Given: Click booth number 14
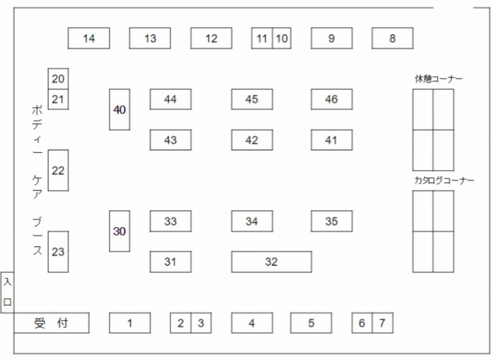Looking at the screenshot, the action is tap(89, 38).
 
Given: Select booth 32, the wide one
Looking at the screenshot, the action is tap(271, 262).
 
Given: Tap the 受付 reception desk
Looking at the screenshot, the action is tap(51, 323).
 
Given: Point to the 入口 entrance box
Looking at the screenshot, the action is tap(7, 292).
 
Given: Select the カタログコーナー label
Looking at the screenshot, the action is tap(444, 181).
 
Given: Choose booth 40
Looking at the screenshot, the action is tap(119, 110).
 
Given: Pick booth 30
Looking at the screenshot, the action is tap(119, 231).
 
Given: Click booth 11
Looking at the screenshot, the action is tap(262, 38).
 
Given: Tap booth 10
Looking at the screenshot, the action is tap(282, 38).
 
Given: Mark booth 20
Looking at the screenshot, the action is tap(58, 79).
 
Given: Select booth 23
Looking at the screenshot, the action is tap(58, 252).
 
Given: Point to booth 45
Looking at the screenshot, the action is tap(252, 99).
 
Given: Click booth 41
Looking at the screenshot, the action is tap(331, 140).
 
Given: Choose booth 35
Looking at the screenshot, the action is tap(331, 221).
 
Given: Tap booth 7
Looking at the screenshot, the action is tap(382, 323).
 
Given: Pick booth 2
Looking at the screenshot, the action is tap(181, 323).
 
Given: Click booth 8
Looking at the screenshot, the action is tap(392, 38).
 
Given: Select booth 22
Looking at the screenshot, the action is tap(58, 170).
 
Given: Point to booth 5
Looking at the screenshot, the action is tap(311, 323).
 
